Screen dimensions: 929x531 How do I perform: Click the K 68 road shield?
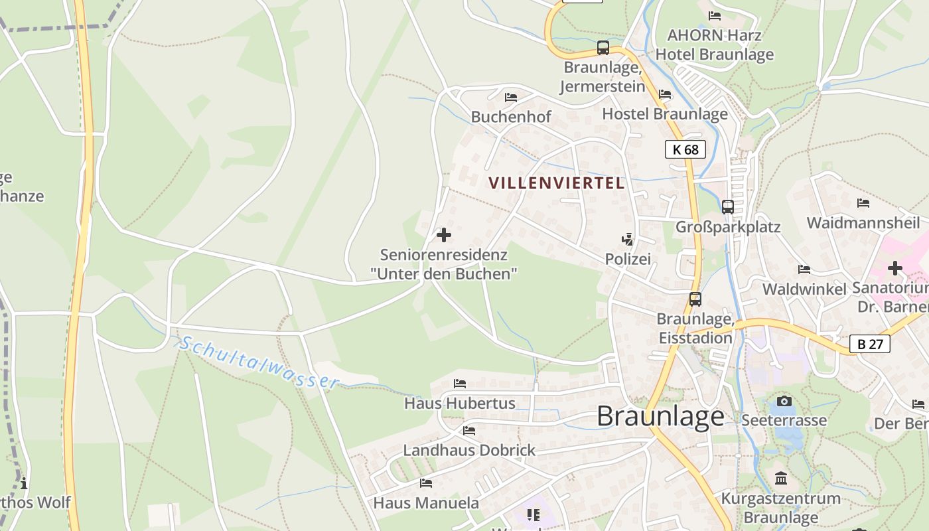coord(685,149)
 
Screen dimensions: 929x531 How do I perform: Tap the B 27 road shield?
coord(870,344)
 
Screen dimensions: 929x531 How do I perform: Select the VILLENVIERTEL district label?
coord(557,183)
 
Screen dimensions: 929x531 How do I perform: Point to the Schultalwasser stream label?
coord(259,362)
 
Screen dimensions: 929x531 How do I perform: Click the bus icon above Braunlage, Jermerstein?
coord(603,48)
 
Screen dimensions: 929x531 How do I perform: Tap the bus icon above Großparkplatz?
coord(728,207)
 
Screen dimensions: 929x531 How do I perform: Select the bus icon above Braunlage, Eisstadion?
coord(695,299)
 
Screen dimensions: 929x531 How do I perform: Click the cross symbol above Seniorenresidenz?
coord(444,235)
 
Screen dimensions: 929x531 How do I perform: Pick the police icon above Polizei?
coord(627,239)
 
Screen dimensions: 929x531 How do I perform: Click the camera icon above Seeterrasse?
coord(784,401)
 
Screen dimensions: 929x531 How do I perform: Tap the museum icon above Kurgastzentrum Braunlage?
coord(781,478)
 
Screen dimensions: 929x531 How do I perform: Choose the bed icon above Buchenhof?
coord(511,98)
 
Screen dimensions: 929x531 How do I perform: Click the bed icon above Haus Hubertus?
coord(459,384)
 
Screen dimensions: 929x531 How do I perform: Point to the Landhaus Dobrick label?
coord(469,450)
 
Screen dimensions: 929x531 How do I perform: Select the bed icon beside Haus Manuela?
coord(426,483)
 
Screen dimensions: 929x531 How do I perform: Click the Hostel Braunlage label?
coord(665,114)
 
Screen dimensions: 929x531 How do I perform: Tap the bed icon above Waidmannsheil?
coord(863,203)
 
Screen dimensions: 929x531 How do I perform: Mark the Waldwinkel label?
coord(804,289)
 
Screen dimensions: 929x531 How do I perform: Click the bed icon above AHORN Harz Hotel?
coord(715,16)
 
